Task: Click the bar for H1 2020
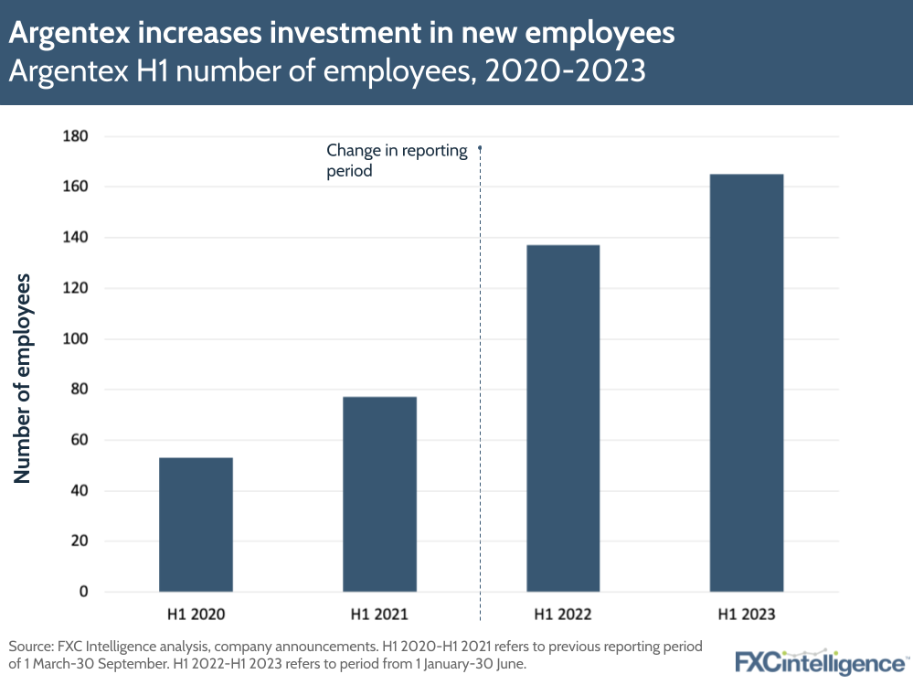[196, 524]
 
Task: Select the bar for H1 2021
[379, 494]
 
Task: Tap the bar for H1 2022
[563, 418]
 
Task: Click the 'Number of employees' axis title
[23, 378]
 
